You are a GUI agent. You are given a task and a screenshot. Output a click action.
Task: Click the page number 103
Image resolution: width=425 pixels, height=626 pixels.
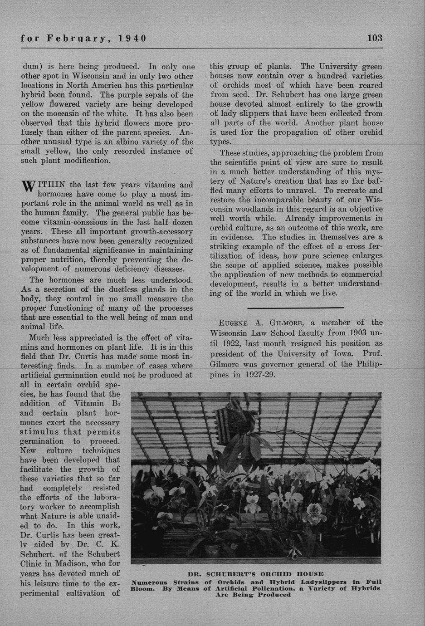(x=374, y=38)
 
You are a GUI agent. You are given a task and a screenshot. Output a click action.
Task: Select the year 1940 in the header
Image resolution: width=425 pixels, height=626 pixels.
(x=132, y=38)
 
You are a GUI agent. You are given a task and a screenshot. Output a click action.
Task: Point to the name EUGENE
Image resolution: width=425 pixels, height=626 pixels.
(x=233, y=323)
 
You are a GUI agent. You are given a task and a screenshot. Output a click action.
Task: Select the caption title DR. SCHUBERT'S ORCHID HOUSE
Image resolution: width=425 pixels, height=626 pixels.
(x=256, y=574)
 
